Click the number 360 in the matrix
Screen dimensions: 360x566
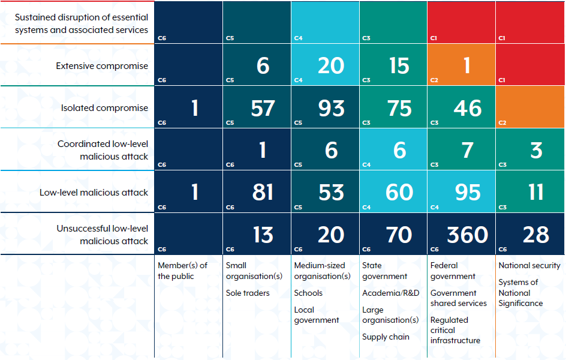pos(467,235)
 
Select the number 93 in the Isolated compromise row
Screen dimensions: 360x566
pos(331,108)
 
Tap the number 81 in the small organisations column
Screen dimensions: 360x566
pos(263,192)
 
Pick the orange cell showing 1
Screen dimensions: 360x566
pos(467,65)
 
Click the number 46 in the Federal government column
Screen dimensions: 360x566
pos(467,108)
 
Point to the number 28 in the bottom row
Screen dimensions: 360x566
pos(535,235)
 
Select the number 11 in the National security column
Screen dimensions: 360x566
pos(535,192)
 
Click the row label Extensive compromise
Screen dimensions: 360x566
pos(102,66)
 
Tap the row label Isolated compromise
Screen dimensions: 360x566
pos(104,108)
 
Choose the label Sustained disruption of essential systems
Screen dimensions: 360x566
pos(82,23)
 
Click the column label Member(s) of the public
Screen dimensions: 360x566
pos(182,271)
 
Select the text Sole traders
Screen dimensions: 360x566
pos(248,293)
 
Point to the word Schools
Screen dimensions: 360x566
pos(308,293)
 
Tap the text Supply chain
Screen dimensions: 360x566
pos(386,337)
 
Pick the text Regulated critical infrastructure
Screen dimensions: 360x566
pos(455,330)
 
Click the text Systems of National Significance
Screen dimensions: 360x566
pos(520,293)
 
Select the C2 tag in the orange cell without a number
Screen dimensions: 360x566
pos(502,122)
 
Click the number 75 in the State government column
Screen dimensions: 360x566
pos(399,108)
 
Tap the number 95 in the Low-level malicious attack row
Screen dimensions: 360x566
pos(467,192)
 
